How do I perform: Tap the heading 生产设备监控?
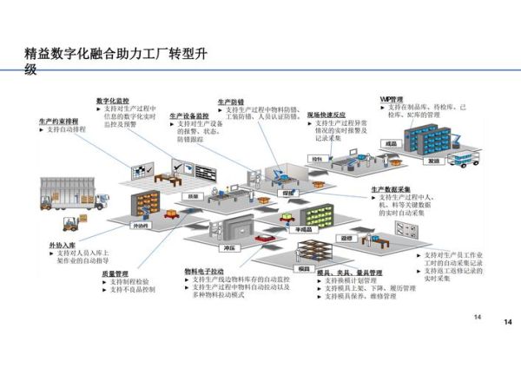[189, 115]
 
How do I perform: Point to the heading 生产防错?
[232, 102]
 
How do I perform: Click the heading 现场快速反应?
[326, 115]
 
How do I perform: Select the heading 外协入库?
[63, 246]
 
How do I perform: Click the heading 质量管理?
[115, 273]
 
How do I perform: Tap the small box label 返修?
[346, 236]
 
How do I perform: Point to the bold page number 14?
[508, 322]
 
